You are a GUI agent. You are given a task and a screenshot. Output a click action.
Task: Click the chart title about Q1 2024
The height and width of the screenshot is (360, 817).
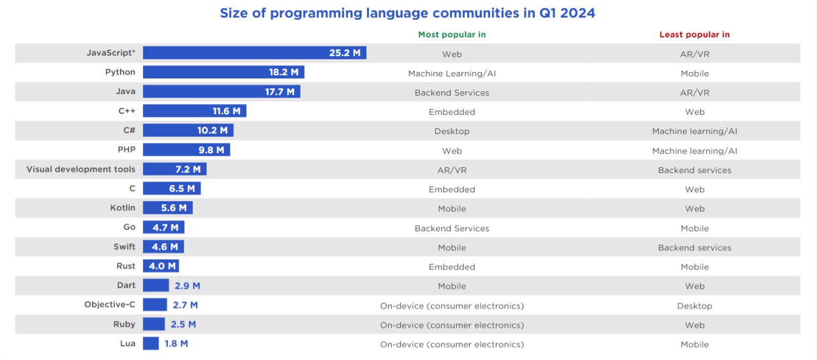407,13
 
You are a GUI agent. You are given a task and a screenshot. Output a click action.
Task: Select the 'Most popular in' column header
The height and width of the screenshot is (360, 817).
452,34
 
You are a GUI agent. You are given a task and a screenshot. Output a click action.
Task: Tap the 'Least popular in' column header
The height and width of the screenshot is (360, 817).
694,34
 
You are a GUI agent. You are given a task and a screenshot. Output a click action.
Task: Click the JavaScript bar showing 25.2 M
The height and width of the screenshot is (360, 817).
255,53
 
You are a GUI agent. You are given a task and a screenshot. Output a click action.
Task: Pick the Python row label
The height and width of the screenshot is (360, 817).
120,72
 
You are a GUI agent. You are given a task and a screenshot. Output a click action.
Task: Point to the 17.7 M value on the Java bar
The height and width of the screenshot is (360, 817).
280,92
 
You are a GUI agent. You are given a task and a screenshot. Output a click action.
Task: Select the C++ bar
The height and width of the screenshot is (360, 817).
195,111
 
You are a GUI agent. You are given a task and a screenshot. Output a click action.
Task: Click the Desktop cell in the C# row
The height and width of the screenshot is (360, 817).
452,131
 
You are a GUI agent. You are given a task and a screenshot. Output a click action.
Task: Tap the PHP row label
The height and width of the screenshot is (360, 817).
126,149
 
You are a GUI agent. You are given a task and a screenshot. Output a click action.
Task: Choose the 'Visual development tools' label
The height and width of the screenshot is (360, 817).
80,169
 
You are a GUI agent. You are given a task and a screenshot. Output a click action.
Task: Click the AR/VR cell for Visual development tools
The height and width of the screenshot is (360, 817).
452,170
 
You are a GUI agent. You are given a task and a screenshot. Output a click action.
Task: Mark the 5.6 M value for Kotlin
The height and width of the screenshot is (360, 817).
174,208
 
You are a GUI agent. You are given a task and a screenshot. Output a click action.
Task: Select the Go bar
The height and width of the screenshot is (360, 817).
163,227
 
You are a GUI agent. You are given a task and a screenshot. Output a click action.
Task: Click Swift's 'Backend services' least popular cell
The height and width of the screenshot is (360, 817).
694,248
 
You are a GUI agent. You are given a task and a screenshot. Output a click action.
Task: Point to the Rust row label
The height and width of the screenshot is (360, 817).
126,266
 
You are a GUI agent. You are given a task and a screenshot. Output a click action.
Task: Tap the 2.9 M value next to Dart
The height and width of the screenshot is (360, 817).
188,285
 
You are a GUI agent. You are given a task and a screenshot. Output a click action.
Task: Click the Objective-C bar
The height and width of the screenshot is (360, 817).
155,304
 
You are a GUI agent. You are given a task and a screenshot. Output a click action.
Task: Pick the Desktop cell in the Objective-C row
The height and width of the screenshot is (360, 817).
694,306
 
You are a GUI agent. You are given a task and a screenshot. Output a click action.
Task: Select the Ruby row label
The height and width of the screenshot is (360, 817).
124,324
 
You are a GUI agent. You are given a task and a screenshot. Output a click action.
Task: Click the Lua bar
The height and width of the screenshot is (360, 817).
151,343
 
